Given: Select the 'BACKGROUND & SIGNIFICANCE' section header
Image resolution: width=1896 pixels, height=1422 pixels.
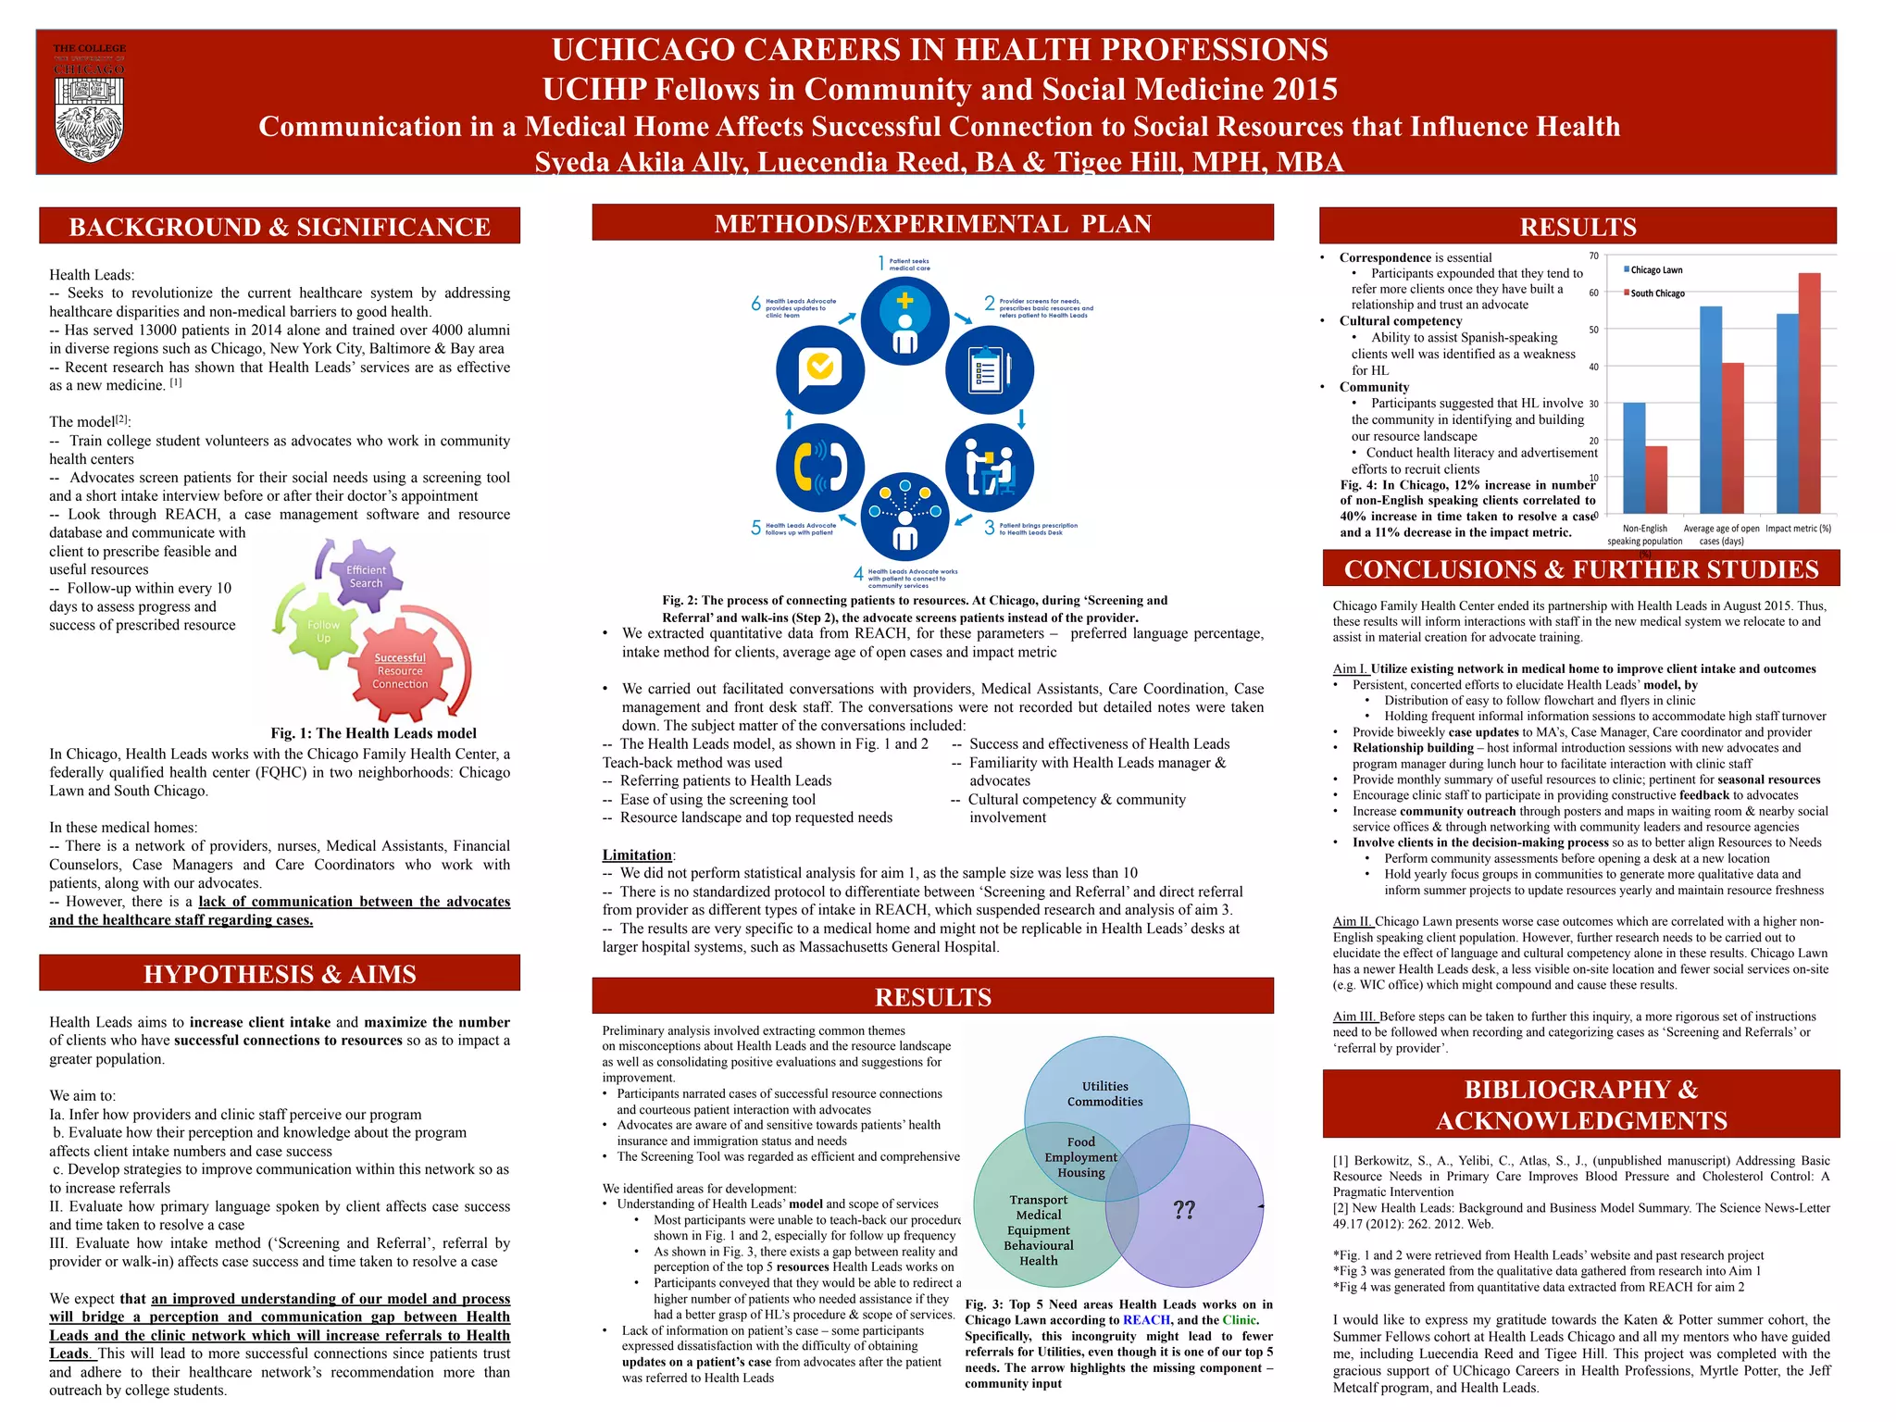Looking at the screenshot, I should tap(280, 227).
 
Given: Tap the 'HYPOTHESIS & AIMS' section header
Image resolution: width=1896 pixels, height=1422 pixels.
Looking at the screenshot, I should tap(280, 974).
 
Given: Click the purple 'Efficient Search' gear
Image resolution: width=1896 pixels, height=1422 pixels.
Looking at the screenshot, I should tap(366, 576).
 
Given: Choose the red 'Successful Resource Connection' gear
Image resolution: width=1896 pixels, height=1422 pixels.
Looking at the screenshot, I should tap(400, 670).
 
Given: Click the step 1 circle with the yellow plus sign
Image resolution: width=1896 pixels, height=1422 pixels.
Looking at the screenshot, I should tap(904, 319).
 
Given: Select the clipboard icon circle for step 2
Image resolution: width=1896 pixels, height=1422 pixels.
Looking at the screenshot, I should tap(989, 370).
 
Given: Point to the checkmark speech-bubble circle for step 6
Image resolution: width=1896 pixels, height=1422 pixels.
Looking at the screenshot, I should tap(820, 368).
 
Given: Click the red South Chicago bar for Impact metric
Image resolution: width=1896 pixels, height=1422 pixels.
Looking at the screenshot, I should tap(1809, 393).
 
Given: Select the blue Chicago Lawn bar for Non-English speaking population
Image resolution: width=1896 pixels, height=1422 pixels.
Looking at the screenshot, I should tap(1634, 457).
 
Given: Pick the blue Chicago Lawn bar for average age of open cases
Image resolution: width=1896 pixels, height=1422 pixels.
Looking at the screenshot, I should tap(1711, 409).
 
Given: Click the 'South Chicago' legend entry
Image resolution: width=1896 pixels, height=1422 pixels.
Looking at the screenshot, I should tap(1657, 293).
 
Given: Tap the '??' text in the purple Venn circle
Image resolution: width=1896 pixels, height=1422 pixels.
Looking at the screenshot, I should tap(1184, 1209).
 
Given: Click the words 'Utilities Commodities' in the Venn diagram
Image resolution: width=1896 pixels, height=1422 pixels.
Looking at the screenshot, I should tap(1105, 1093).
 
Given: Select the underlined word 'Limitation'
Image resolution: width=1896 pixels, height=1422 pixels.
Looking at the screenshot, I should tap(637, 854).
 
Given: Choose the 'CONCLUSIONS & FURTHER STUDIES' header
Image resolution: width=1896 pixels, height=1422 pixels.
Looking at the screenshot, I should tap(1581, 569).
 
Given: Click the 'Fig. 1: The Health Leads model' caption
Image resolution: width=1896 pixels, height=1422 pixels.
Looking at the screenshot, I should tap(373, 733).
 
